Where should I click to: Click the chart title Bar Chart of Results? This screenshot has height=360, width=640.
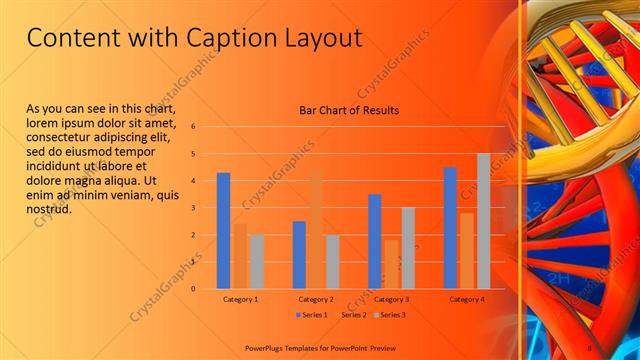(x=349, y=110)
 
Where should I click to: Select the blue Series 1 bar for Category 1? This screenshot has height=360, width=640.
(x=223, y=230)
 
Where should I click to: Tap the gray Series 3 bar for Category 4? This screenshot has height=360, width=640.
(x=483, y=220)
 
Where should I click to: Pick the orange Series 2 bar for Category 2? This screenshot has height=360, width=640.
(x=316, y=229)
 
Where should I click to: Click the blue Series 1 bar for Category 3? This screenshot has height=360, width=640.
(x=374, y=241)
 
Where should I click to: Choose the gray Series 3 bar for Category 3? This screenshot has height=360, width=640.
(x=408, y=247)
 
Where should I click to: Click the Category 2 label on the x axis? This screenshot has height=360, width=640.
(x=316, y=299)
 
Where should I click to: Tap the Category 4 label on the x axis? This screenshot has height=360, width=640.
(x=467, y=299)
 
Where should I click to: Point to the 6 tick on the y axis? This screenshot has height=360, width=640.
(x=193, y=127)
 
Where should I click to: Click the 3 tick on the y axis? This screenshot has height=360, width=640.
(x=193, y=208)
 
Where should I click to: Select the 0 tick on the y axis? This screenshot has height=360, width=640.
(x=193, y=289)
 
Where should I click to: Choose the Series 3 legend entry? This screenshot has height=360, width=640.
(x=390, y=315)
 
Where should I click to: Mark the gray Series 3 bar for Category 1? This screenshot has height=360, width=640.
(x=257, y=261)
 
